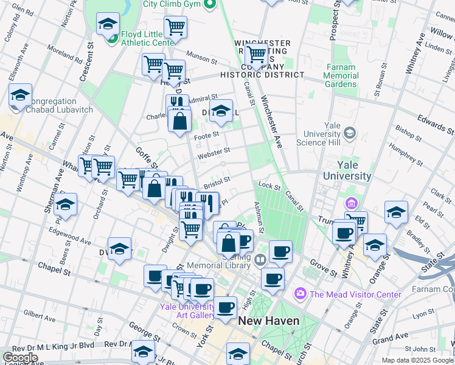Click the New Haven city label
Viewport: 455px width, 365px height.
pos(268,321)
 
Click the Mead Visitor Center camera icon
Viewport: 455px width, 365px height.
pos(300,294)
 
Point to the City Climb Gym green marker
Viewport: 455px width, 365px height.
pos(210,4)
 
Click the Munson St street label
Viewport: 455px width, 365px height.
pos(202,58)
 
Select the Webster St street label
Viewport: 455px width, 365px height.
pos(214,151)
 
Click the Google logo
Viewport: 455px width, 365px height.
pos(20,358)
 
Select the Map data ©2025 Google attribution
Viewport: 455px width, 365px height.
pos(417,360)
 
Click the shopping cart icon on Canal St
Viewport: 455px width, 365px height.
pos(257,55)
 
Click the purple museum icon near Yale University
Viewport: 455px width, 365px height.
pos(352,203)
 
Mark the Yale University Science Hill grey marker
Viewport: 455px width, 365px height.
pos(350,132)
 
